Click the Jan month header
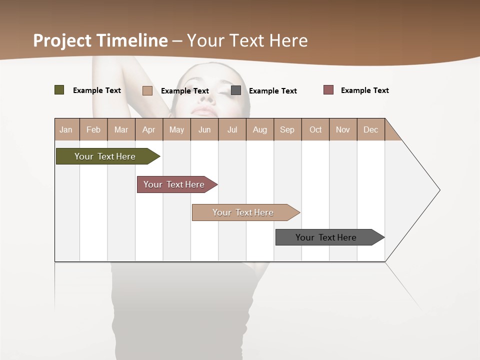66,129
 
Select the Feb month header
93,129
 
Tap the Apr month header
148,129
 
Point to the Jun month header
204,129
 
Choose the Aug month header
260,129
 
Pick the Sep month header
287,129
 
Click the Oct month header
315,129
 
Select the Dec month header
371,129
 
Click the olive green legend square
59,90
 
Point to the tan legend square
147,90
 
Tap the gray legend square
236,90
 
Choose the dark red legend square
328,90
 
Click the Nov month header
343,129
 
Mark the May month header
176,129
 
